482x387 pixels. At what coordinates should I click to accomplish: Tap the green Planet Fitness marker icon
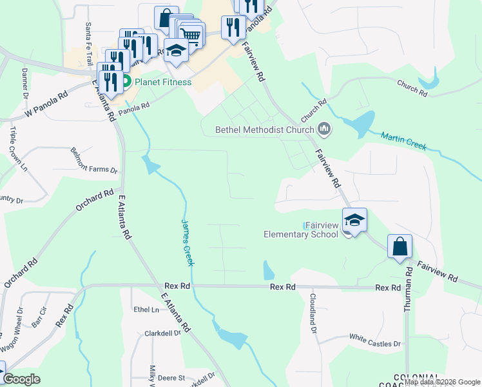[126, 82]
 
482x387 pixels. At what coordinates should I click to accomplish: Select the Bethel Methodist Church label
[265, 130]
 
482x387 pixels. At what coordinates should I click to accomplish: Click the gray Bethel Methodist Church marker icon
[324, 130]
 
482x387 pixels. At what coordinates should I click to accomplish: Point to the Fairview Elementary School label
[302, 230]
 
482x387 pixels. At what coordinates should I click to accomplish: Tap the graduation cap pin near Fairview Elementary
[354, 220]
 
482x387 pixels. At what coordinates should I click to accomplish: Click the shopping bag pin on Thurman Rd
[400, 246]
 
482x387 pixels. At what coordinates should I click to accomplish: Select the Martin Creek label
[403, 141]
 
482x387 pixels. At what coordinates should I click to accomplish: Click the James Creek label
[186, 242]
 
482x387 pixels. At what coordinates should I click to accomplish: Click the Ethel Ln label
[146, 310]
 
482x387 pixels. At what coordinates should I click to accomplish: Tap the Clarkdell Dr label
[162, 334]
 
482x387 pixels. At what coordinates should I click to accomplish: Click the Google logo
[22, 379]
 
